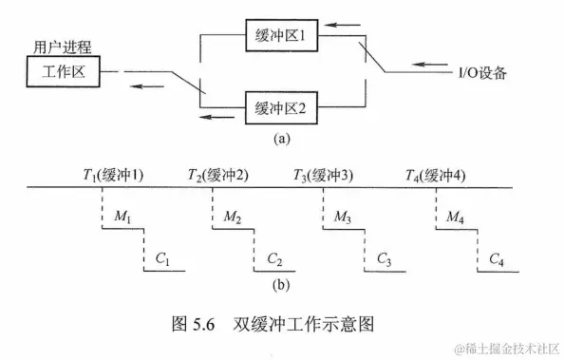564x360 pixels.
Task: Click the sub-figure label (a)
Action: point(282,138)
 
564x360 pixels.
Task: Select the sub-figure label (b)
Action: point(282,284)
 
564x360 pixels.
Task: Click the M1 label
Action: point(122,218)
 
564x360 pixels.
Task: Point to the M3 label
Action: point(344,218)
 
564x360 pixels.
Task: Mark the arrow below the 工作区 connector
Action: point(146,86)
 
